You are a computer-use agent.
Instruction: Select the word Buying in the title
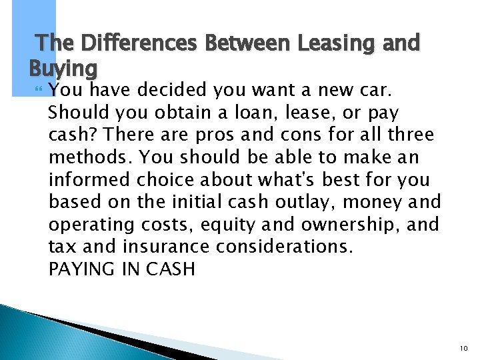coord(63,69)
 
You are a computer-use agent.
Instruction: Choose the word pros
coord(217,135)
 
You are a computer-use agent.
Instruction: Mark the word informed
coord(90,179)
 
